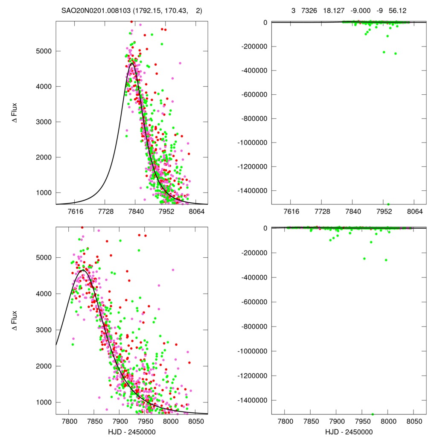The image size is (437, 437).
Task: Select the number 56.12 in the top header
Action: coord(397,10)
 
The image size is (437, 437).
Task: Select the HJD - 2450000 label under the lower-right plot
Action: coord(349,431)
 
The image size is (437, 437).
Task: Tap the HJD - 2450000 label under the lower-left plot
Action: coord(131,431)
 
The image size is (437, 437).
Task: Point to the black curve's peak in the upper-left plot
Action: coord(132,64)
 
